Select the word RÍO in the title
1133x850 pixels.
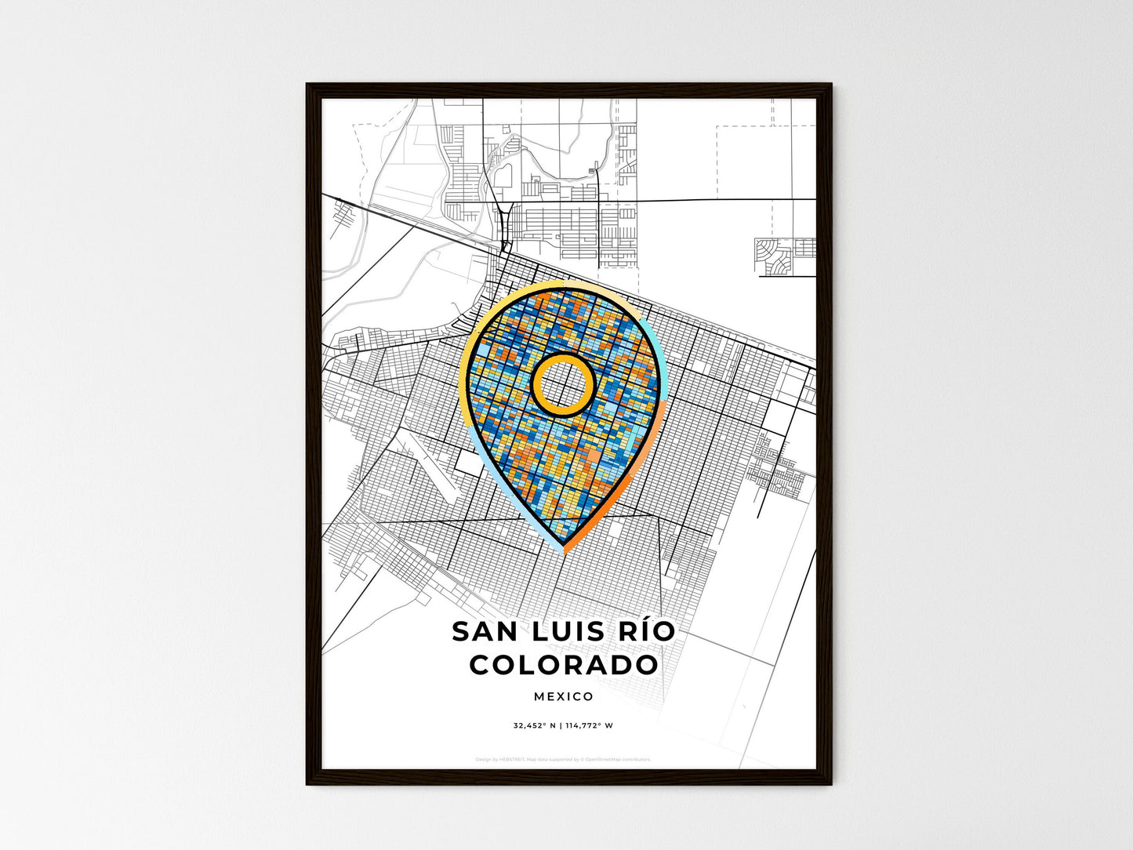coord(645,631)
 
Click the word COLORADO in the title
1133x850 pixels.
coord(564,665)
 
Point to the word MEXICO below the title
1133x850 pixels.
coord(564,696)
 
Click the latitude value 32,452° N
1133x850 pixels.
coord(535,726)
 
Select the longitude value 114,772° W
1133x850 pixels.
coord(590,726)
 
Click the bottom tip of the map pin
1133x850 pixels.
coord(564,547)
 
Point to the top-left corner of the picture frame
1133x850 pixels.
coord(307,85)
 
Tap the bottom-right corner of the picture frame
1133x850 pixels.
coord(831,784)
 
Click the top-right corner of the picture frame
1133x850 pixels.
coord(831,85)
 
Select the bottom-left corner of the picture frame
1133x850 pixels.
coord(307,784)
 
